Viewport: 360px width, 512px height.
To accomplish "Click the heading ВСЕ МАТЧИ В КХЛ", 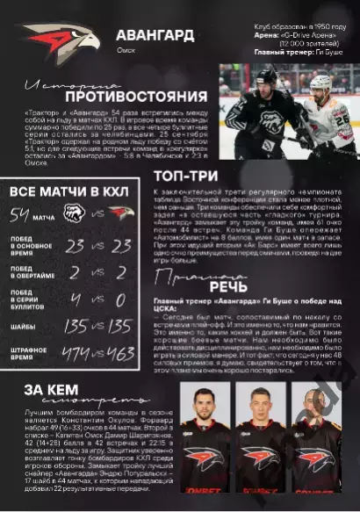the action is (67, 191).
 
